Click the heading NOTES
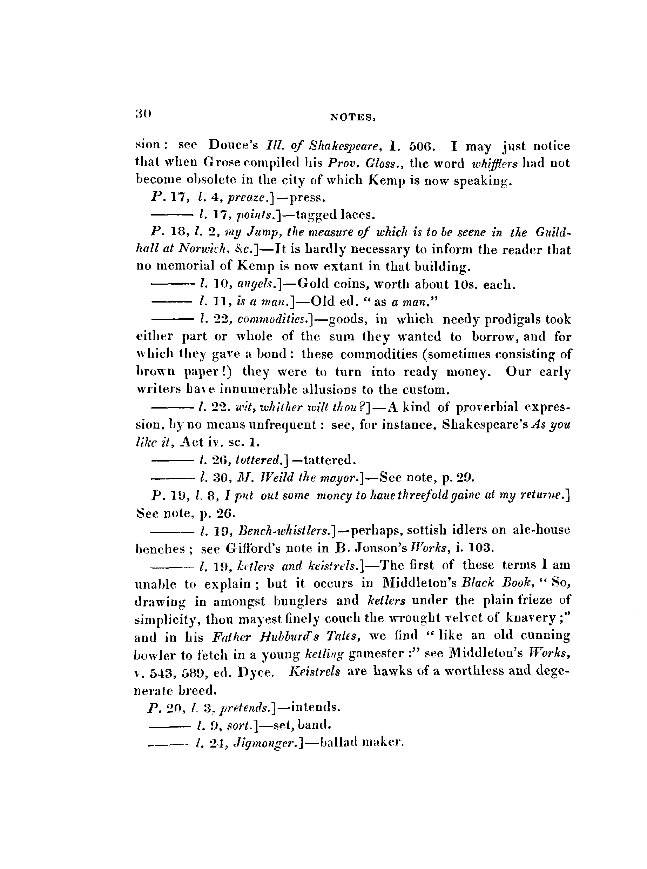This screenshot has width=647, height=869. pyautogui.click(x=353, y=117)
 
